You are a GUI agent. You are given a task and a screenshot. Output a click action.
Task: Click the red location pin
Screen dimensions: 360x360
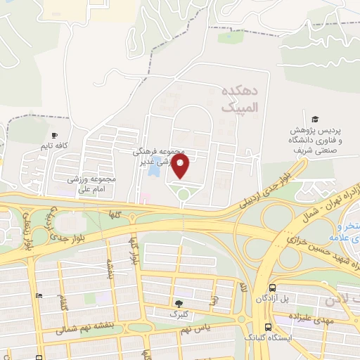(x=181, y=166)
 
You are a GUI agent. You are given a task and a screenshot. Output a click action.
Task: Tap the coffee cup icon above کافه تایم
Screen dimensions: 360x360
(x=54, y=135)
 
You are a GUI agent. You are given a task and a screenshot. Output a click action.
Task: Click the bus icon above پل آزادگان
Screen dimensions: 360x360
(x=271, y=288)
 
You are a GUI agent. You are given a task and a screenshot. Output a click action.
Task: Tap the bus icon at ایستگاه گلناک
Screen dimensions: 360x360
(x=268, y=327)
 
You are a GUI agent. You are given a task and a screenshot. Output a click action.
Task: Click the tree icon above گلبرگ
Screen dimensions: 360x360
(x=179, y=304)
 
